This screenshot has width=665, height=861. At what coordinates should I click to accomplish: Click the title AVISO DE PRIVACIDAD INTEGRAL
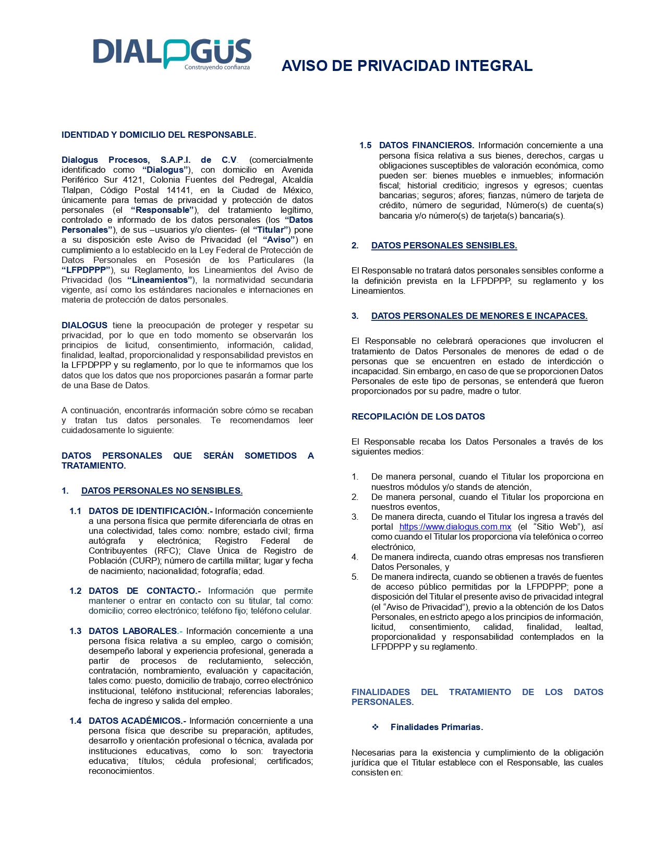407,66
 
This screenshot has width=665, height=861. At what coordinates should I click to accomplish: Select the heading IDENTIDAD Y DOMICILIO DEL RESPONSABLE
159,135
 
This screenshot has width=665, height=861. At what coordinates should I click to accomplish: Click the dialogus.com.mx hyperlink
455,527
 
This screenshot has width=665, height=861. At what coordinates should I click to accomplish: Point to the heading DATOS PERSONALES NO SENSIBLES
162,491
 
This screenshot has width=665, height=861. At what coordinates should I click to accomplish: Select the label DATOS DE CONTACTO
144,591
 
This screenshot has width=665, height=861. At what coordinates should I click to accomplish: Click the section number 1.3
76,631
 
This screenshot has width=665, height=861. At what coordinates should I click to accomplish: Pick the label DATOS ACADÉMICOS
137,721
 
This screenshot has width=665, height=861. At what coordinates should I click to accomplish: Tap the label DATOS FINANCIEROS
426,145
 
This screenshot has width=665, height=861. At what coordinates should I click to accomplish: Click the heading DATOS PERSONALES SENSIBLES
444,245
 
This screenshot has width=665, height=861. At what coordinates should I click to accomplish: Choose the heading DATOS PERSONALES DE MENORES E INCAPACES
479,316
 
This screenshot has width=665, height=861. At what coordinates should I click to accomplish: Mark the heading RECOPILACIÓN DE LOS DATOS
418,416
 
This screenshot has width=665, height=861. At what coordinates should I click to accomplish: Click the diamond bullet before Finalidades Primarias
375,727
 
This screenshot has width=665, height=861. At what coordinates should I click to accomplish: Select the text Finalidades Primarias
437,727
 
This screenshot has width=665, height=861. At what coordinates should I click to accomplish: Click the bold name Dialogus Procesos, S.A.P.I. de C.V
149,160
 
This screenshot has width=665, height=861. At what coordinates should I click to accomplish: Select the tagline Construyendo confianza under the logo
217,67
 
